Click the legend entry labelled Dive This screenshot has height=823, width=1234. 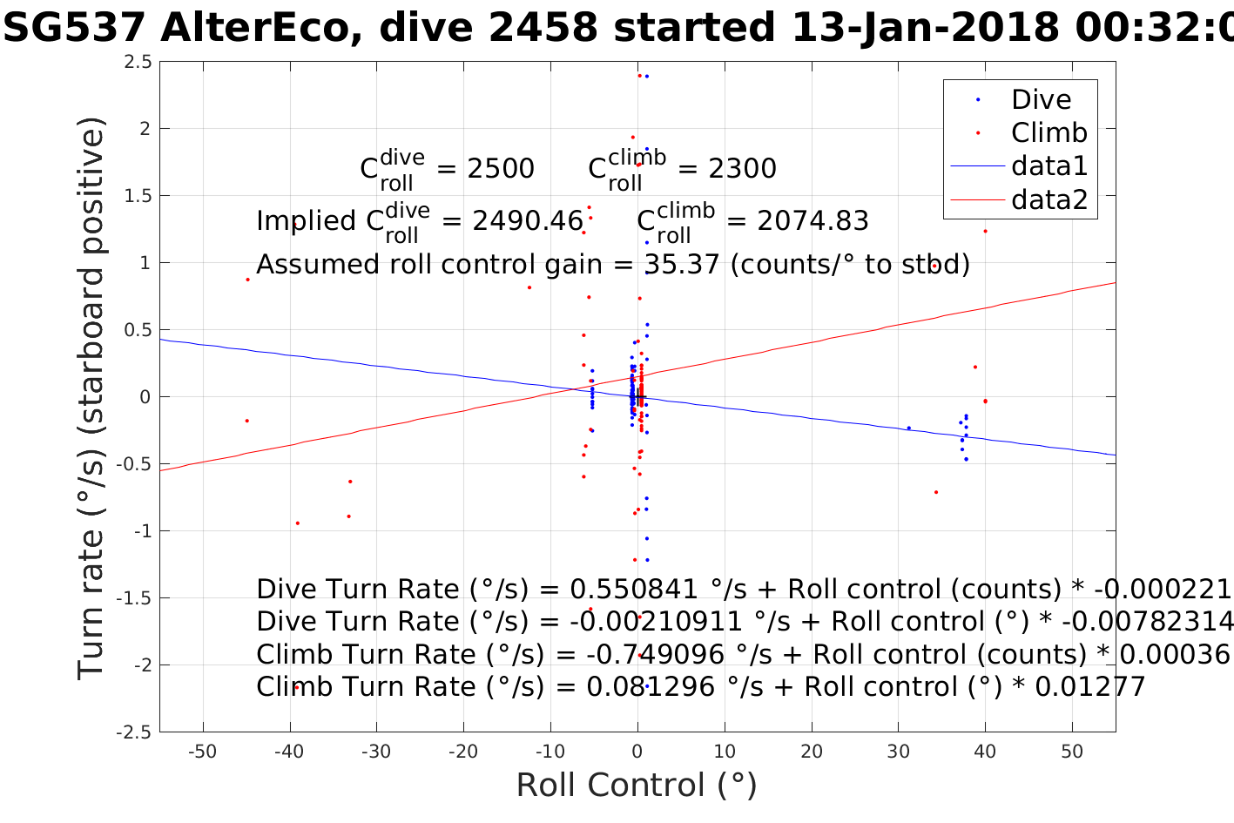tap(1041, 99)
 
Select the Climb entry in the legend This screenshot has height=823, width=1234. tap(1049, 132)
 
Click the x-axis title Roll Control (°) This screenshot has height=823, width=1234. tap(637, 785)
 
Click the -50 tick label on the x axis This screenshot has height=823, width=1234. tap(203, 752)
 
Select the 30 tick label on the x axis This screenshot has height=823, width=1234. tap(898, 752)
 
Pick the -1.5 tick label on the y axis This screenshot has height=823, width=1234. tap(135, 598)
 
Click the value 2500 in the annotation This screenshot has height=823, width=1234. tap(501, 169)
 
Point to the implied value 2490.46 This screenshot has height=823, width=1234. tap(527, 221)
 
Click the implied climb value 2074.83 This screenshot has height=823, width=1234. tap(813, 221)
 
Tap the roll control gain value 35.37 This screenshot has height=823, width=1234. tap(682, 264)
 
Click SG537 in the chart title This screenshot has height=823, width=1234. tap(75, 28)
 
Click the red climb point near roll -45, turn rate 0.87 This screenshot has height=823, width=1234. tap(247, 280)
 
